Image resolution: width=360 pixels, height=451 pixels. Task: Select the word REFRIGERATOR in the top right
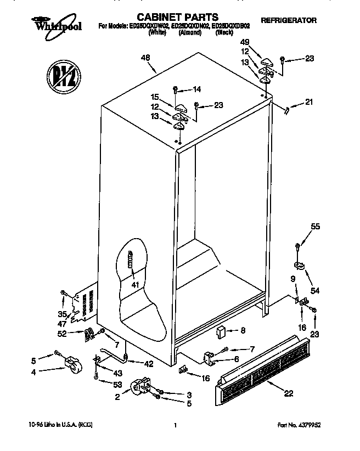(289, 20)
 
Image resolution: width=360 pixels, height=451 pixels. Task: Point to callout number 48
(145, 58)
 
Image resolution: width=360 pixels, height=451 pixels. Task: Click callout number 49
(245, 42)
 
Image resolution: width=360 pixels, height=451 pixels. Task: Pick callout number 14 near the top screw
(197, 89)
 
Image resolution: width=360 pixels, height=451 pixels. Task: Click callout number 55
(315, 226)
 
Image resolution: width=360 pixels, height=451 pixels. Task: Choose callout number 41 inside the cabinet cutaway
(135, 284)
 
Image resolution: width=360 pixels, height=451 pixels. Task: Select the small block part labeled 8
(222, 331)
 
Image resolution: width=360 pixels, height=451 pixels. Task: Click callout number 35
(63, 314)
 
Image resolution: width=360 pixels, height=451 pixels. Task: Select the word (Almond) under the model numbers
(189, 33)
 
